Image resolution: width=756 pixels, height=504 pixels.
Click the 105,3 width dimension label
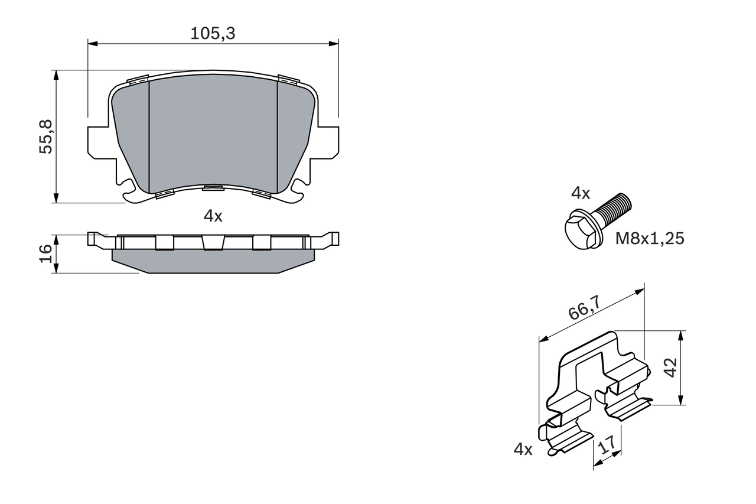click(x=213, y=34)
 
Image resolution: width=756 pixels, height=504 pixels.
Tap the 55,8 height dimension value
click(x=46, y=136)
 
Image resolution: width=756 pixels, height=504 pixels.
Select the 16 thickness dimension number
click(x=45, y=254)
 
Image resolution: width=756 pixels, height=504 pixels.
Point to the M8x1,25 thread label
click(x=650, y=239)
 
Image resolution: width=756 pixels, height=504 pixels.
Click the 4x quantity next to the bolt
click(x=580, y=193)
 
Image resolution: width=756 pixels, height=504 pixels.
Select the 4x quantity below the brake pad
click(x=213, y=216)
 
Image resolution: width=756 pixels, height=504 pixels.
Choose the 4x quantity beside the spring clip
click(x=523, y=450)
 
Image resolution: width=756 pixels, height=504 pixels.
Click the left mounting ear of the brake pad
click(x=97, y=142)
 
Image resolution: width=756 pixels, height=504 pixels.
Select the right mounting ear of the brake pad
click(x=328, y=142)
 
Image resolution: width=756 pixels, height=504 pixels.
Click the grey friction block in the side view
click(x=213, y=261)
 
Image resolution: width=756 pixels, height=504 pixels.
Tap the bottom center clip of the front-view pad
click(x=213, y=188)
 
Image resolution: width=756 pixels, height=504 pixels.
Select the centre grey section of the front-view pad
click(x=213, y=130)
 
